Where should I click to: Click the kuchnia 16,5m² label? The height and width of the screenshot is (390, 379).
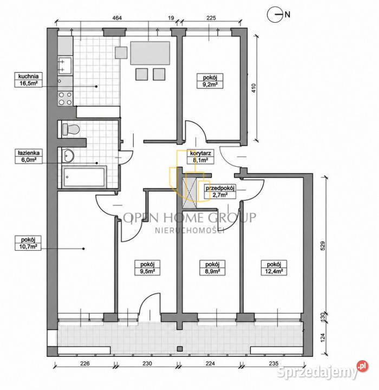(28, 80)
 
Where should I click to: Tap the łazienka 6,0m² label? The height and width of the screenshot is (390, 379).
(28, 156)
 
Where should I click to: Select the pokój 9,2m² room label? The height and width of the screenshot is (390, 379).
(210, 81)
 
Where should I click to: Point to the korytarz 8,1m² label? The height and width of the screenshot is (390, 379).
(200, 157)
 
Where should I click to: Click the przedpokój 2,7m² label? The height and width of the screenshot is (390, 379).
(220, 192)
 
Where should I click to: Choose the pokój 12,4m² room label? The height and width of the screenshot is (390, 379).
(274, 268)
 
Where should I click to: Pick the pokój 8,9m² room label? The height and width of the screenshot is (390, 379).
(212, 268)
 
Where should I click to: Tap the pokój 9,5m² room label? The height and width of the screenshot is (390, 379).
(147, 268)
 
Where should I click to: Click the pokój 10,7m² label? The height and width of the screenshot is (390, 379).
(28, 243)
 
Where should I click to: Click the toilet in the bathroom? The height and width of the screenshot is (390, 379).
(70, 129)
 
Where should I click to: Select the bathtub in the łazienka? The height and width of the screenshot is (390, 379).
(84, 177)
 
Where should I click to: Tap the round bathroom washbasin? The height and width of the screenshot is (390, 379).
(68, 155)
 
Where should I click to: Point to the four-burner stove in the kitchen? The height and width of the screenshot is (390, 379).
(65, 98)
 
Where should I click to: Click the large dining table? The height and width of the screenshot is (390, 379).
(150, 53)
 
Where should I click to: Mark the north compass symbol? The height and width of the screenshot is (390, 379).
(275, 15)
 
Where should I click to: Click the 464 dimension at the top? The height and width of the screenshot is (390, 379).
(117, 18)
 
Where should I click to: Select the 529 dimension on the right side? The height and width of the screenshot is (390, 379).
(323, 246)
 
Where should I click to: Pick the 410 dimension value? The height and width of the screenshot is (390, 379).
(253, 88)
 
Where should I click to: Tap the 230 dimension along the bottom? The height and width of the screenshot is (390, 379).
(147, 363)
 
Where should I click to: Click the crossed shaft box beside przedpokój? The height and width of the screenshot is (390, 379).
(191, 190)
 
